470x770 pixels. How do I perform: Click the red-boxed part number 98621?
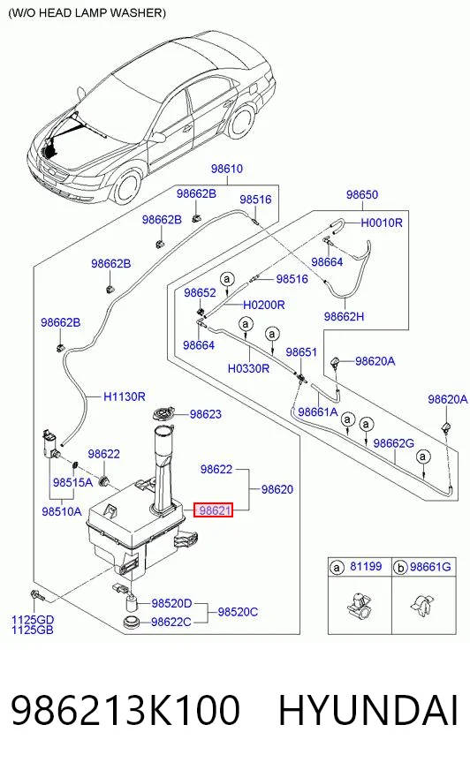pyautogui.click(x=215, y=510)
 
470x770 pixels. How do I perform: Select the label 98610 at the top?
pyautogui.click(x=227, y=169)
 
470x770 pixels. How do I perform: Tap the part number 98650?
pyautogui.click(x=362, y=194)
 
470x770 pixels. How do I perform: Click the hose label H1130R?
pyautogui.click(x=125, y=396)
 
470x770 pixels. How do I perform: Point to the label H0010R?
pyautogui.click(x=382, y=223)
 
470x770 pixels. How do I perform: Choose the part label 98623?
pyautogui.click(x=205, y=414)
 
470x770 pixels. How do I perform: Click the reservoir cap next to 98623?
pyautogui.click(x=163, y=415)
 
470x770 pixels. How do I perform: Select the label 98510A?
pyautogui.click(x=61, y=511)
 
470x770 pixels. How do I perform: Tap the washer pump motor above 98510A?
pyautogui.click(x=50, y=443)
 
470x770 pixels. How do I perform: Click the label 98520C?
pyautogui.click(x=238, y=612)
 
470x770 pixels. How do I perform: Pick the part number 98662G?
pyautogui.click(x=393, y=443)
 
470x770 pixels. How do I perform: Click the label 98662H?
pyautogui.click(x=344, y=317)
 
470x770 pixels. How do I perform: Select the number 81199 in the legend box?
pyautogui.click(x=366, y=566)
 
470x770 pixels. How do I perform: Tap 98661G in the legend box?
pyautogui.click(x=430, y=567)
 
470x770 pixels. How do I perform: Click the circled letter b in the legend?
pyautogui.click(x=400, y=568)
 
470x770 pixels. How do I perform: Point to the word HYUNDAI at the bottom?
pyautogui.click(x=368, y=710)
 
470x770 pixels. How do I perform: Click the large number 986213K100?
pyautogui.click(x=125, y=710)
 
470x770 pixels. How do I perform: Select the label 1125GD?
pyautogui.click(x=33, y=620)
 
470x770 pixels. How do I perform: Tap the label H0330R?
pyautogui.click(x=248, y=368)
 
